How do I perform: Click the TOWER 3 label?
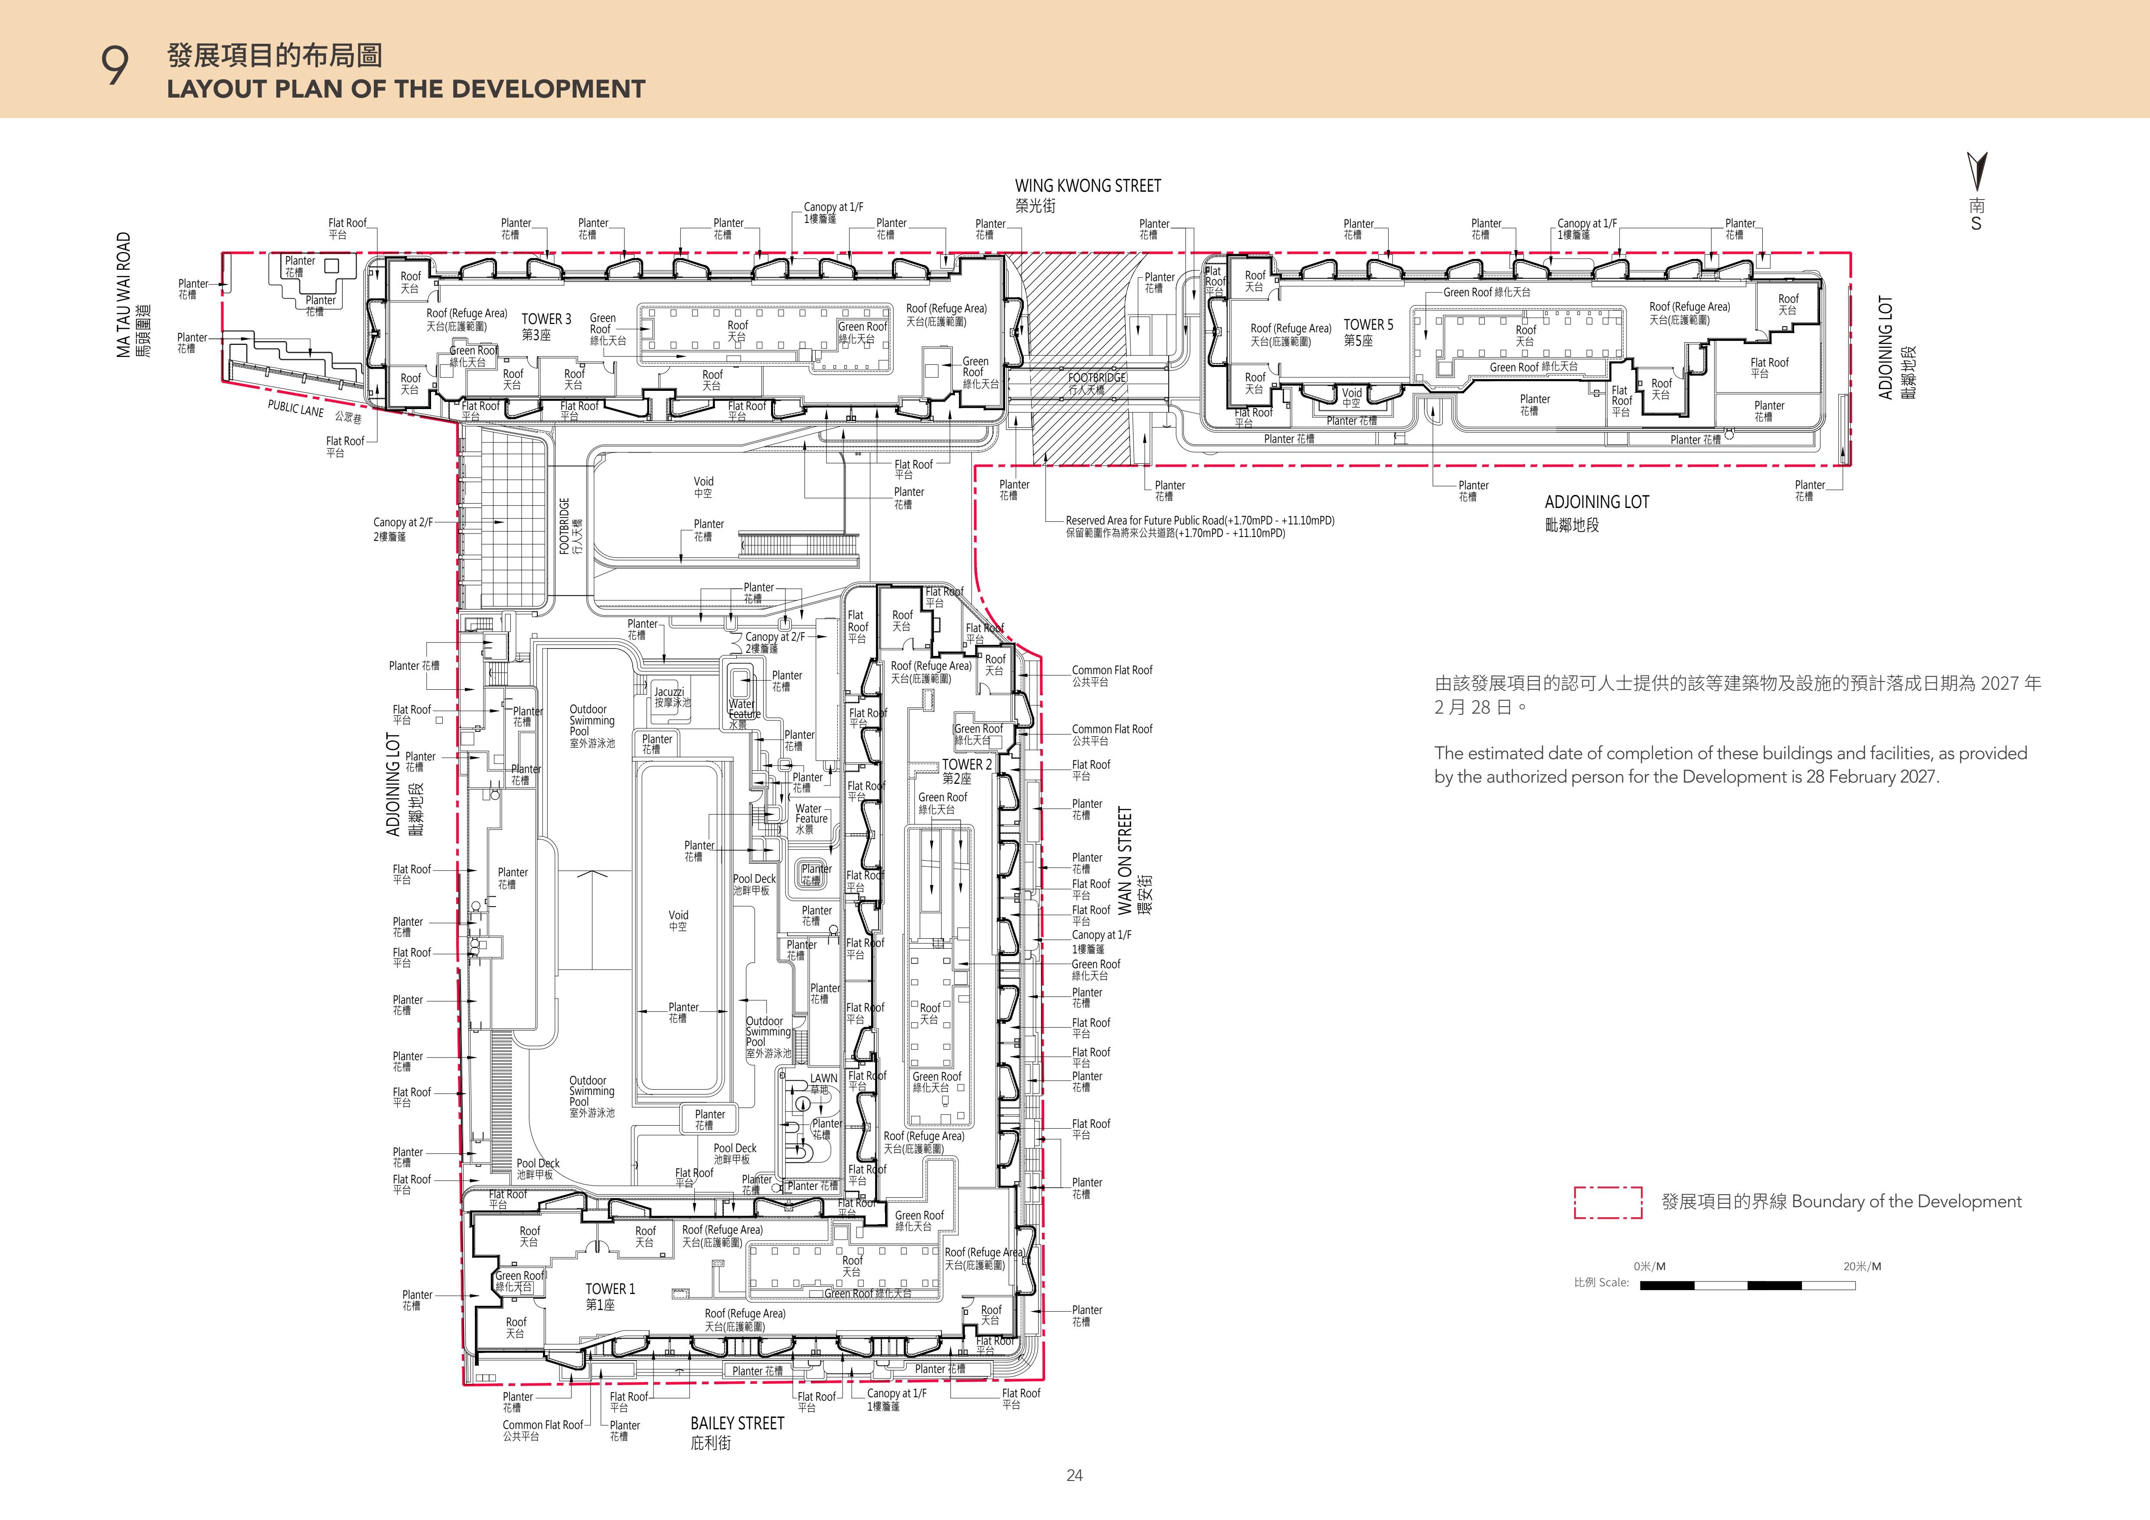pos(546,319)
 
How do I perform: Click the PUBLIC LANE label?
pos(296,408)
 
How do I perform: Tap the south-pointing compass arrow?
pos(1977,171)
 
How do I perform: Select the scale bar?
pos(1747,1286)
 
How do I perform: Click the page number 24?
pos(1074,1475)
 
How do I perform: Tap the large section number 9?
pos(114,67)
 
